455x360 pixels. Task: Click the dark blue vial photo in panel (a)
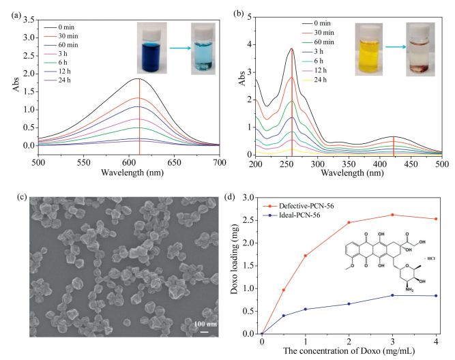click(x=151, y=42)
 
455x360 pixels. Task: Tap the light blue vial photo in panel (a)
click(x=202, y=44)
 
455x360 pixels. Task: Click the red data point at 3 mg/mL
click(x=392, y=215)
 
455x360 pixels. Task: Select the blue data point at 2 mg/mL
click(x=349, y=304)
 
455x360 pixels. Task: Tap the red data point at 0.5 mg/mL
click(x=283, y=290)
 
